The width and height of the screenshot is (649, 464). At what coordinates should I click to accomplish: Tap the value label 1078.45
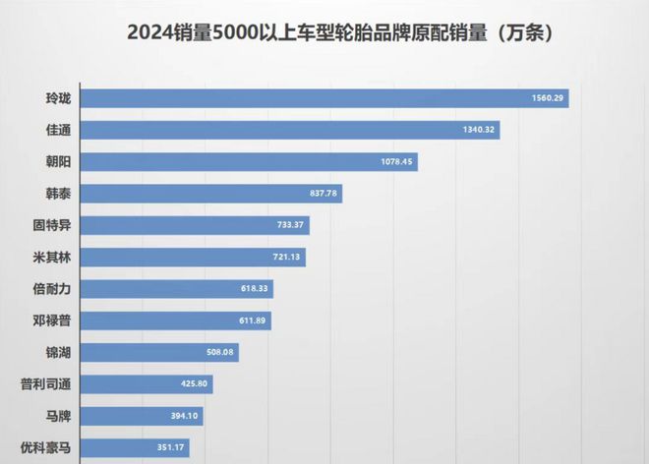click(393, 162)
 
